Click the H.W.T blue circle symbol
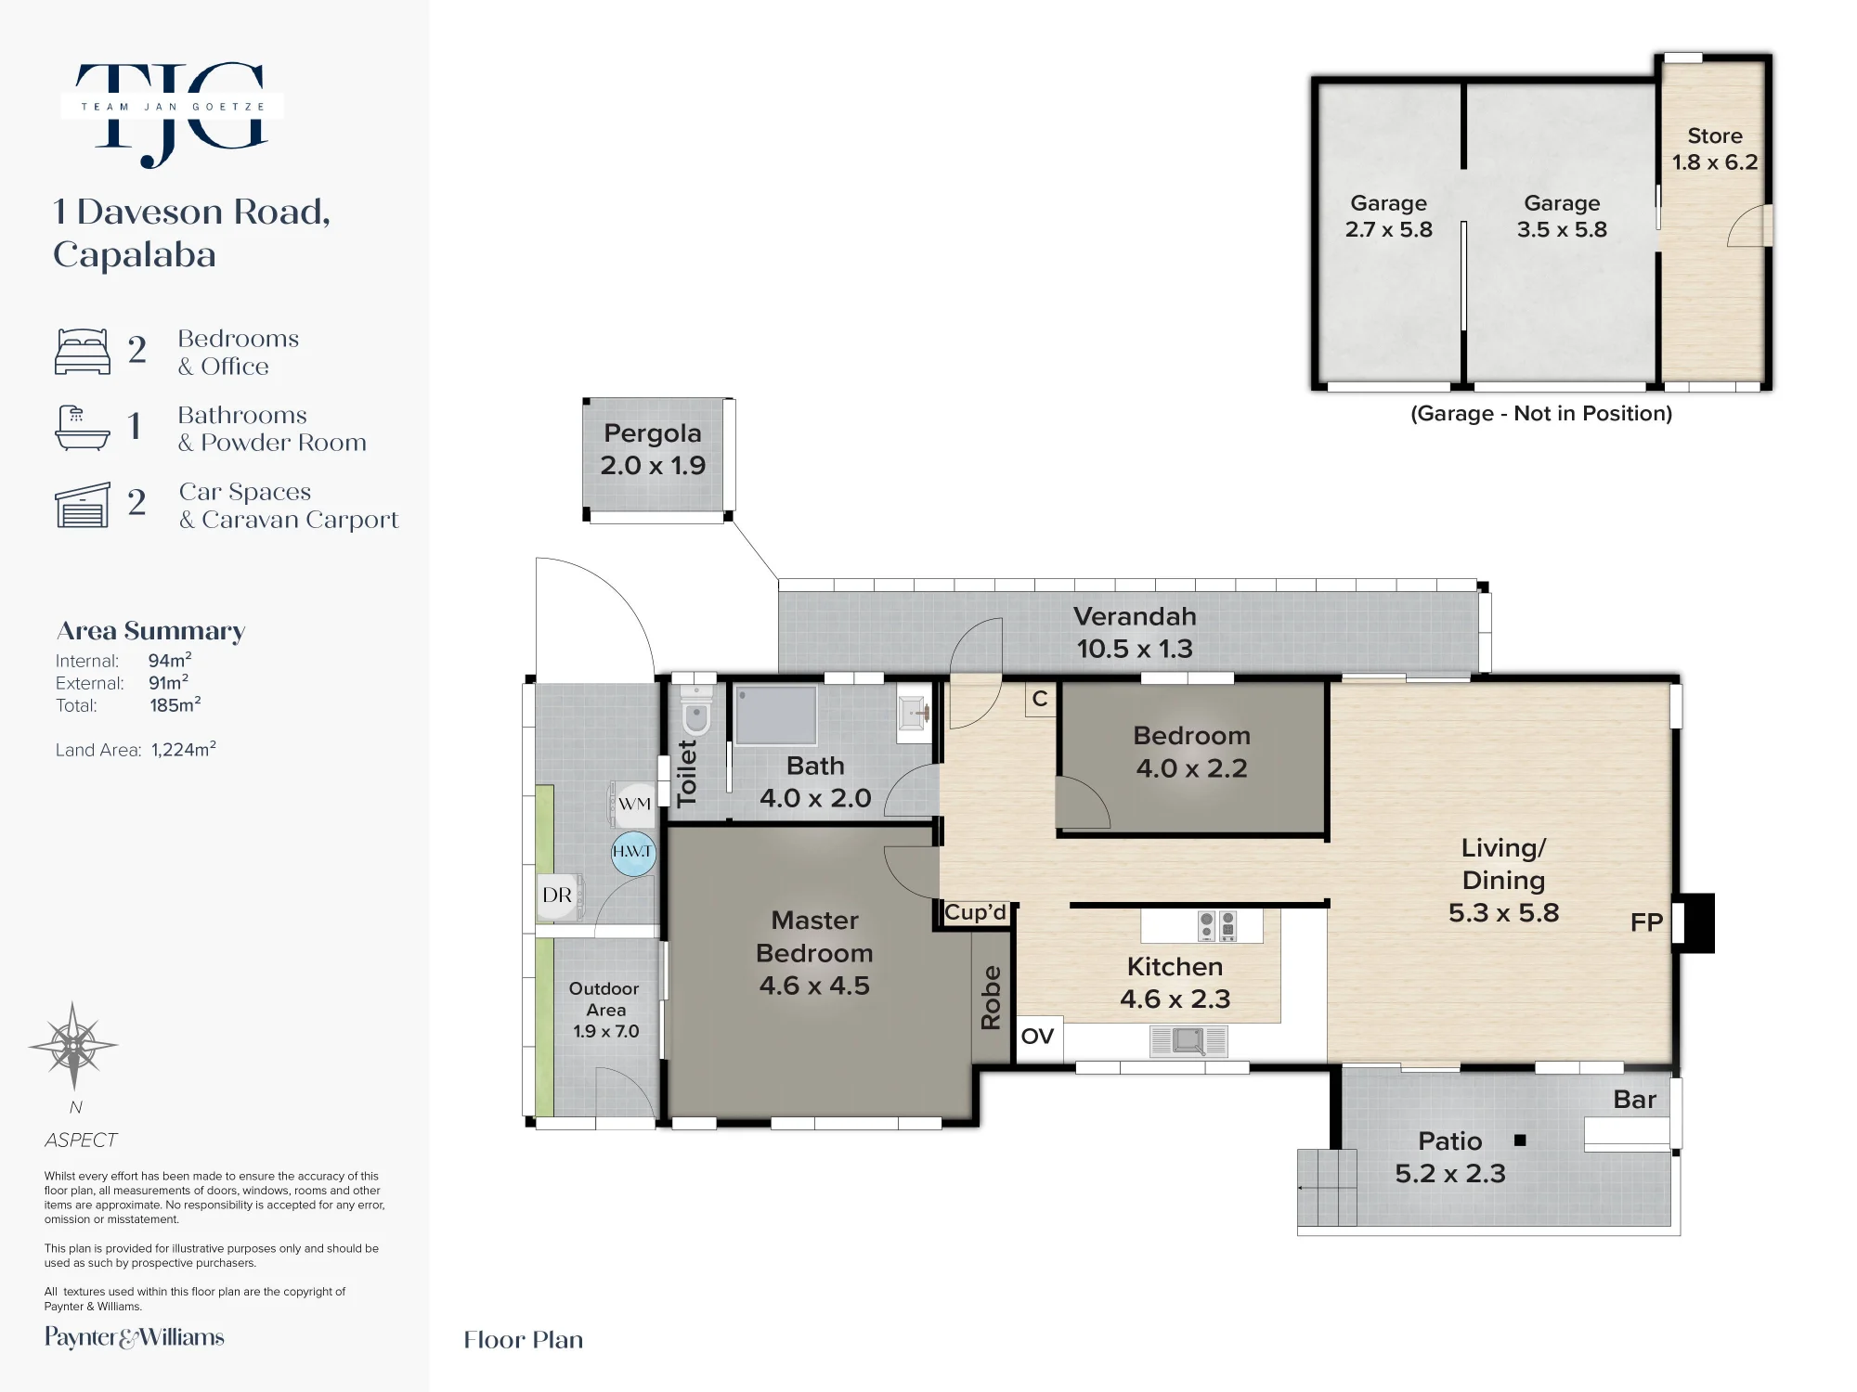(x=633, y=853)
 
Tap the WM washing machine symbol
(x=632, y=804)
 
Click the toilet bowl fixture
(x=695, y=710)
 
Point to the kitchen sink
(x=1188, y=1041)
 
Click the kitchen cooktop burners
(x=1217, y=924)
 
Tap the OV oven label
(x=1037, y=1036)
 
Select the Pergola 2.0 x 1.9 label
(x=653, y=449)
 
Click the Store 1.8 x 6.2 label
(x=1715, y=148)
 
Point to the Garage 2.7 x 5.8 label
(x=1389, y=216)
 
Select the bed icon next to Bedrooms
(x=83, y=351)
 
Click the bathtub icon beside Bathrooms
(x=83, y=428)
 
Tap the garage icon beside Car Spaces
(x=83, y=505)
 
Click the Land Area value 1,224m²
(x=184, y=749)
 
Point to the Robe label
(x=991, y=998)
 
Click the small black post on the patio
(x=1520, y=1141)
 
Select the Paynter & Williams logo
(x=135, y=1337)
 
